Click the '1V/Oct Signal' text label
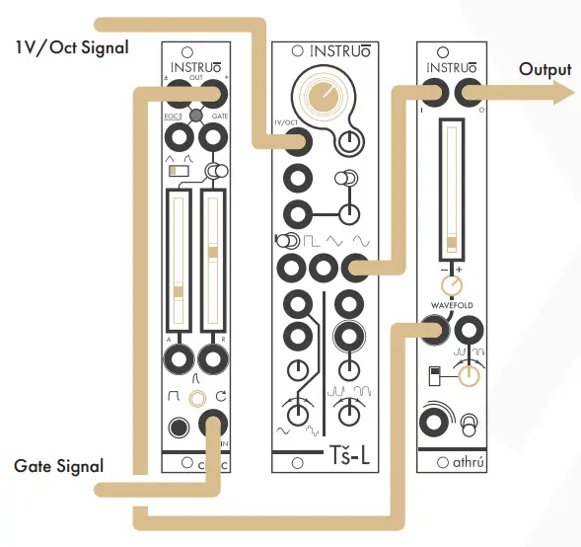71,46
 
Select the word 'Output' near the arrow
545,69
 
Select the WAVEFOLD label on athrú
452,305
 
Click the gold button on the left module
200,399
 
